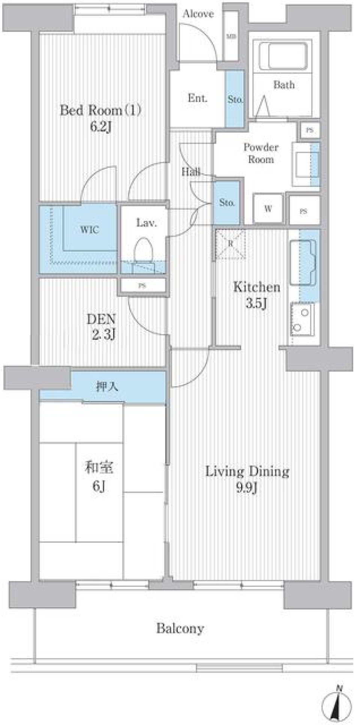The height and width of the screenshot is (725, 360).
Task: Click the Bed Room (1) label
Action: point(100,110)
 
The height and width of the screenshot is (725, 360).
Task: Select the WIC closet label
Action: point(89,230)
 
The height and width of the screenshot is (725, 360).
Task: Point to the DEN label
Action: point(101,319)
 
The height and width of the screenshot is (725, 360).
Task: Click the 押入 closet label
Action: point(107,386)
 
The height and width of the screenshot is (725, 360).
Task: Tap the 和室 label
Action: point(99,468)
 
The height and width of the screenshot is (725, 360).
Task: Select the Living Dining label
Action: point(247,471)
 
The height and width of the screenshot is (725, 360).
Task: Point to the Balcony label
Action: point(180,628)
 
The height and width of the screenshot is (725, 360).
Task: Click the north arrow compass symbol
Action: point(337,704)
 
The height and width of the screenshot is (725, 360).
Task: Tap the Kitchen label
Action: point(256,287)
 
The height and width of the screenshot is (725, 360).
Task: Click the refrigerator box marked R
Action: point(231,244)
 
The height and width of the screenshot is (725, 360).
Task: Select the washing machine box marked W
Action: point(268,209)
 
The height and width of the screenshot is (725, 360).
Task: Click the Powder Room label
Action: point(261,153)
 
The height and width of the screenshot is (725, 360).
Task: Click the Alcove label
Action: point(198,14)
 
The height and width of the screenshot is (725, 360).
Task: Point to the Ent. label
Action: point(197,98)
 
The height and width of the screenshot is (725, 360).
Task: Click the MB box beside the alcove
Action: point(231,36)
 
